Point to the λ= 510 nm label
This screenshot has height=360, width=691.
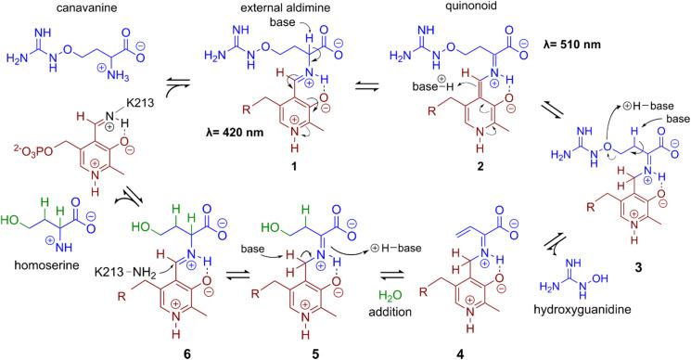pyautogui.click(x=585, y=45)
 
